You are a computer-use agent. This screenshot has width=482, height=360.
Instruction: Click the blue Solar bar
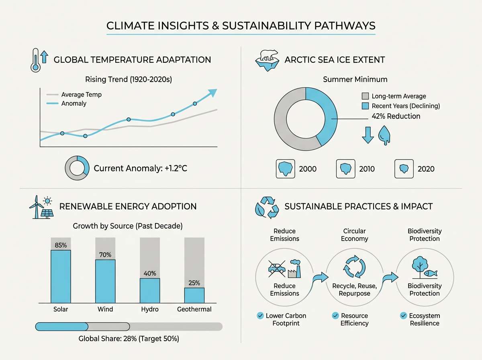61,276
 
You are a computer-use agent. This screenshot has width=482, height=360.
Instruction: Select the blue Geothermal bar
194,295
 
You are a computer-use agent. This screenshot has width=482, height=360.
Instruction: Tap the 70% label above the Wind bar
105,254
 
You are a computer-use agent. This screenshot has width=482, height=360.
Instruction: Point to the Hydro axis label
150,309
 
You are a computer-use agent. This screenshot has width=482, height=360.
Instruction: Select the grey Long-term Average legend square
365,96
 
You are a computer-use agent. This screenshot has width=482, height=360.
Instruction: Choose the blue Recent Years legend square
365,106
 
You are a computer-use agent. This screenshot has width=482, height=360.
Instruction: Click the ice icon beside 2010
345,169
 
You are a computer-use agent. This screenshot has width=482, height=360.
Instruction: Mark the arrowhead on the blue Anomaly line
213,93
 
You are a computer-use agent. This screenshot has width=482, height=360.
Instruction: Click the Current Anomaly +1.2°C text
141,168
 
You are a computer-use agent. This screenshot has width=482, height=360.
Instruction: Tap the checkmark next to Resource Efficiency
335,316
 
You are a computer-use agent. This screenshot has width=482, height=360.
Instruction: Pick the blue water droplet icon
384,135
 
